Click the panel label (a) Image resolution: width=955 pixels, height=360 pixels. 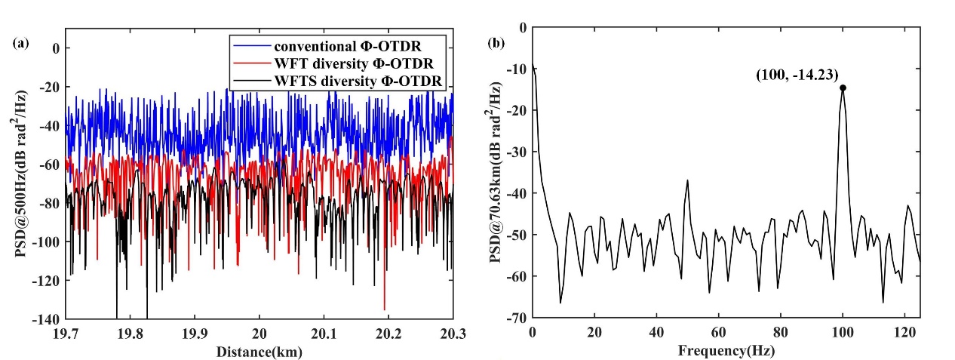[x=22, y=43]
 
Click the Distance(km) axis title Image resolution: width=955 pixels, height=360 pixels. [x=259, y=351]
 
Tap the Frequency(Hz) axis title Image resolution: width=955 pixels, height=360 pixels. [x=726, y=351]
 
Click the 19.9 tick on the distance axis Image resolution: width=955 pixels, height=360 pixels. [x=195, y=332]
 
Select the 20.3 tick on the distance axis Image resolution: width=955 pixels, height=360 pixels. [x=453, y=332]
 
